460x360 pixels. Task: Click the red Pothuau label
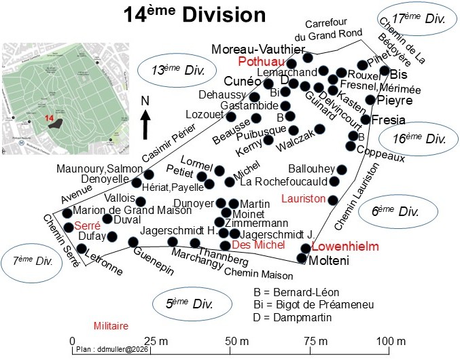[x=259, y=62]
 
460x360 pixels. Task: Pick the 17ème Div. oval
[x=412, y=20]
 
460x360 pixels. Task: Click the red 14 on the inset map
[x=49, y=118]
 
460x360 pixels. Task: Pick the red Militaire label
[x=111, y=326]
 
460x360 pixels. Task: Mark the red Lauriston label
[x=302, y=198]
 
